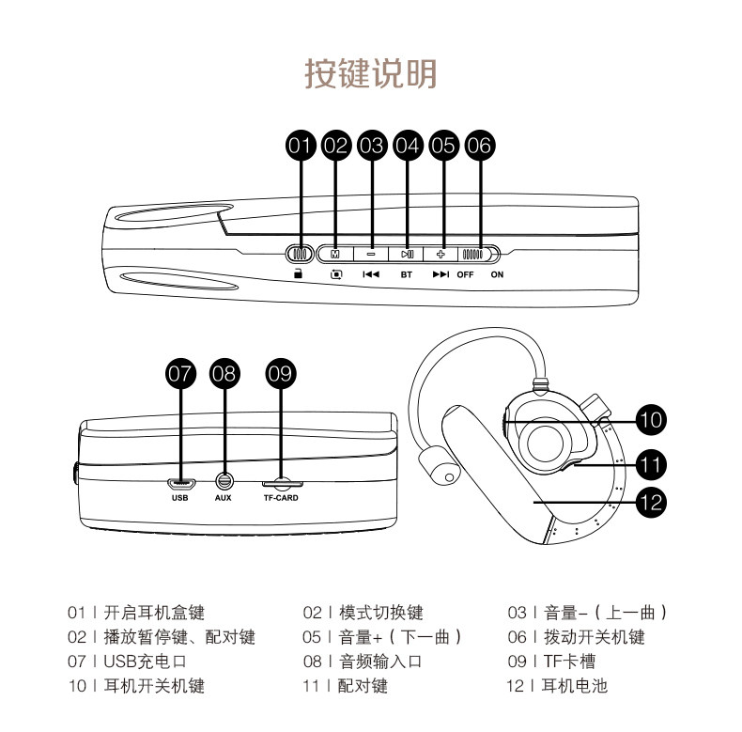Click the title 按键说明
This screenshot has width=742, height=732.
[371, 73]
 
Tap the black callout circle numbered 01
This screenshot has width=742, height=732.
[300, 145]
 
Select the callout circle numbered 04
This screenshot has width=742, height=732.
[408, 145]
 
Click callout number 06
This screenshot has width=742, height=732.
[479, 145]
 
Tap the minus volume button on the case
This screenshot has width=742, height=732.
[371, 254]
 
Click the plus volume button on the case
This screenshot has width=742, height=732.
[442, 254]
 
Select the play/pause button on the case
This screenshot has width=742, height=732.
[407, 254]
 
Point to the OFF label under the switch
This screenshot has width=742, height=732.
[466, 275]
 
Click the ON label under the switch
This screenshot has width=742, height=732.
[497, 275]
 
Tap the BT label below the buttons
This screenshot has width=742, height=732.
[407, 275]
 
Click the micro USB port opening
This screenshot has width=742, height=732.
[180, 483]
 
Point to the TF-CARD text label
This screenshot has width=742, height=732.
[280, 498]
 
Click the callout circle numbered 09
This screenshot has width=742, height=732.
[280, 374]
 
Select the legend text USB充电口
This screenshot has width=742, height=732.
[145, 662]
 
